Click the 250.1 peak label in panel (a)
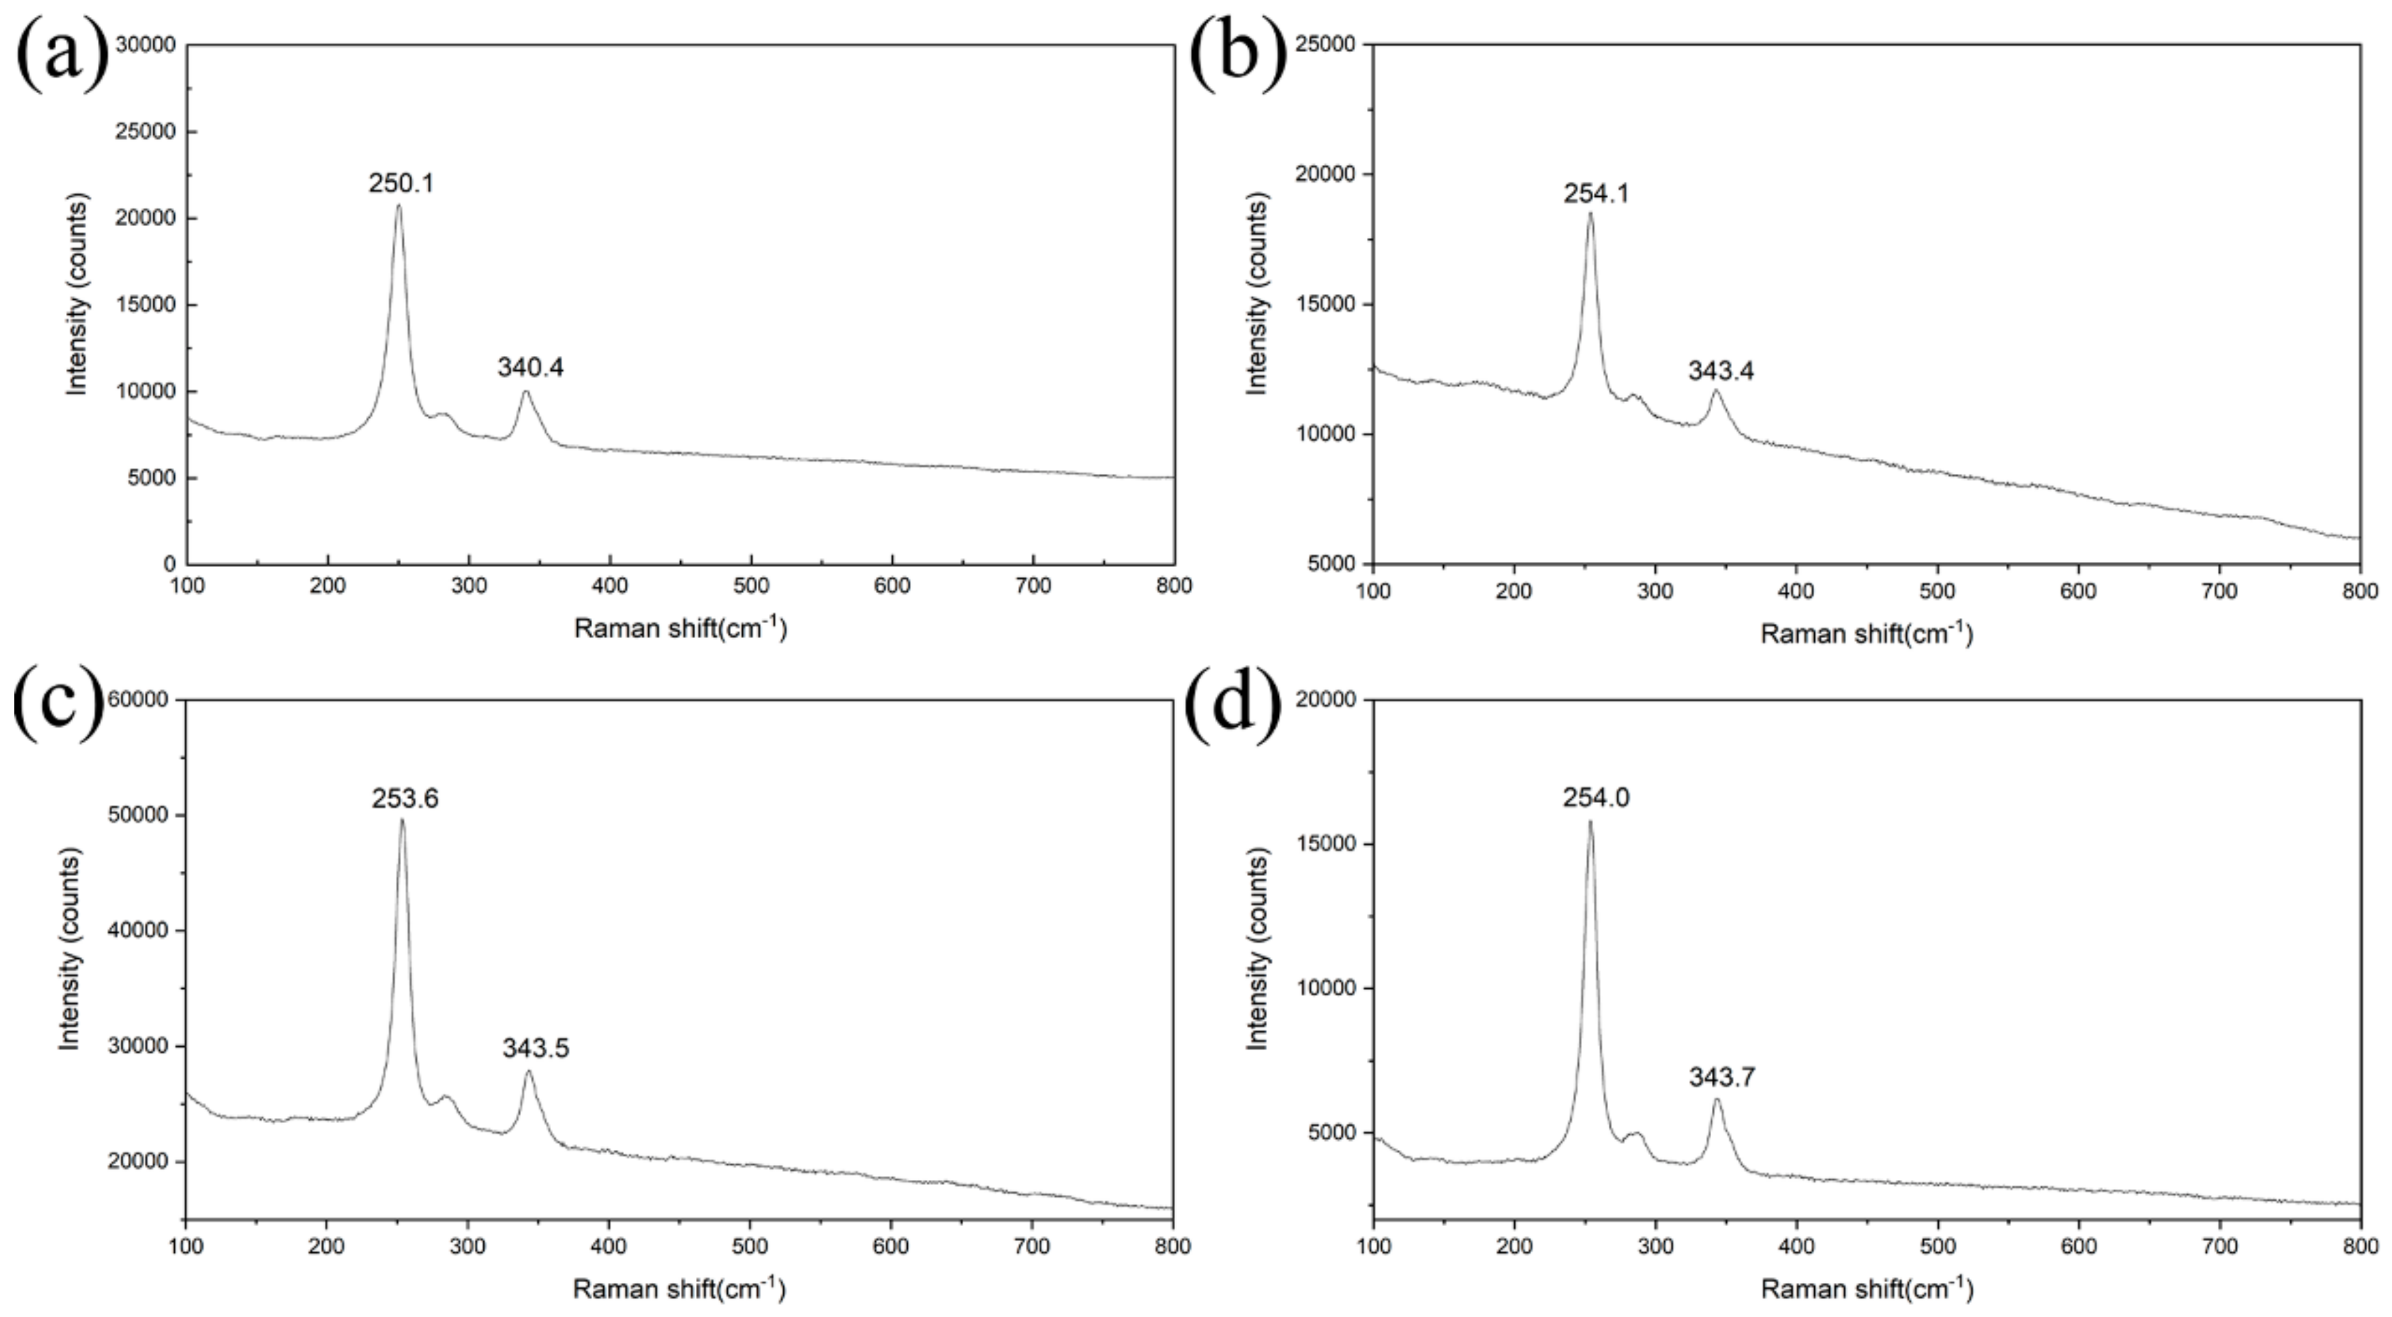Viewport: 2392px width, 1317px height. coord(401,184)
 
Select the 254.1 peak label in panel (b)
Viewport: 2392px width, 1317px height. coord(1596,194)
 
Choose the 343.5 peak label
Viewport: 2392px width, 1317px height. coord(536,1049)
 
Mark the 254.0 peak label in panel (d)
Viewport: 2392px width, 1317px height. coord(1596,797)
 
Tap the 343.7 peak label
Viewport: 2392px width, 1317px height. coord(1722,1077)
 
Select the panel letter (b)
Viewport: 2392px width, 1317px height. coord(1237,56)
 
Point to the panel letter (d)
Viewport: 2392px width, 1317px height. coord(1234,705)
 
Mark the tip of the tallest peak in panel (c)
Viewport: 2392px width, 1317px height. coord(402,819)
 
